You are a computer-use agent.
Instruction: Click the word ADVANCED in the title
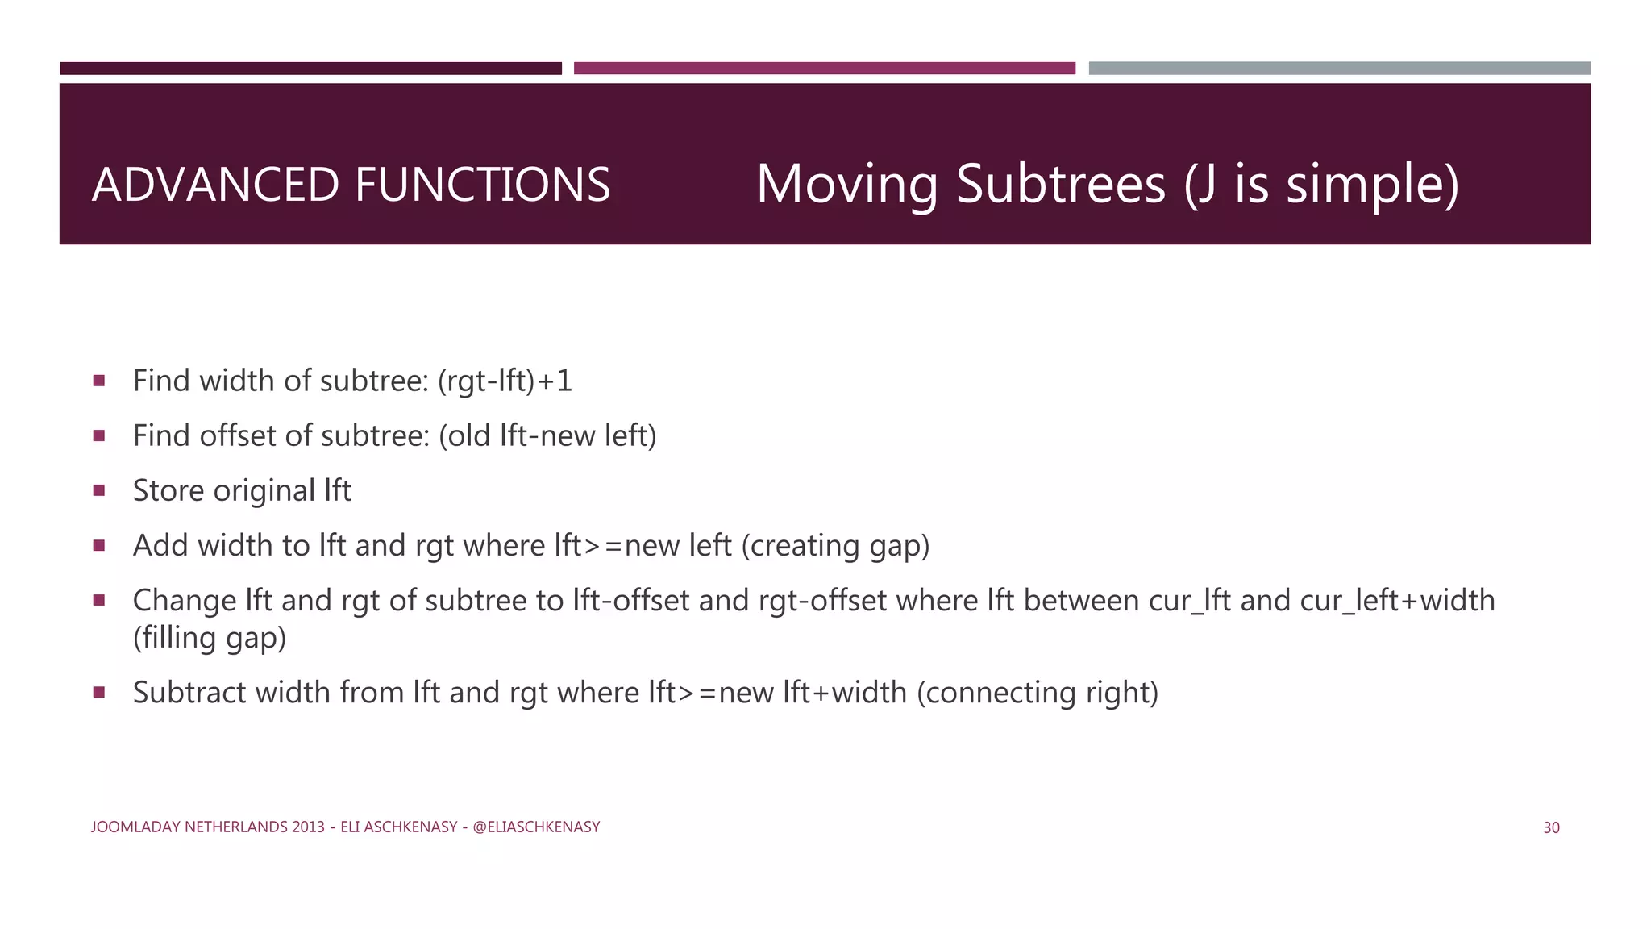click(215, 185)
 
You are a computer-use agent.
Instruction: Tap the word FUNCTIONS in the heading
click(482, 185)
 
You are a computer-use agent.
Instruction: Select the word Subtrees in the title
click(1061, 185)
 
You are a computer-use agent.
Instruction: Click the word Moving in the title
click(846, 185)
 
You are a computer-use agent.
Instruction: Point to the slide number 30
click(1551, 827)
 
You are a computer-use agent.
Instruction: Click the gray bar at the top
click(1339, 69)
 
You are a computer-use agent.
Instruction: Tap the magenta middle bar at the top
click(824, 69)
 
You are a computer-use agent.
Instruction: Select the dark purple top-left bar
click(310, 69)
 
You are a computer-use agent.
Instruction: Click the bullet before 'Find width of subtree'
click(99, 381)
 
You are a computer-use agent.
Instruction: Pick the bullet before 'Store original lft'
click(99, 490)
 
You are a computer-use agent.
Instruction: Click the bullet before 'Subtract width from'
click(99, 692)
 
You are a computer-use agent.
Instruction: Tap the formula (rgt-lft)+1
click(505, 381)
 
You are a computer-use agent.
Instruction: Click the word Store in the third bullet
click(168, 490)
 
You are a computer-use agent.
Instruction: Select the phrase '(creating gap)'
click(835, 546)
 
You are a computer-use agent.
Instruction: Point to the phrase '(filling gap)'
click(210, 638)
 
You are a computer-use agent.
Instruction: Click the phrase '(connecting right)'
click(1038, 693)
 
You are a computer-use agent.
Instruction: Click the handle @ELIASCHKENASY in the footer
click(536, 827)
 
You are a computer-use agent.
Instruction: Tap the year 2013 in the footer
click(308, 827)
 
